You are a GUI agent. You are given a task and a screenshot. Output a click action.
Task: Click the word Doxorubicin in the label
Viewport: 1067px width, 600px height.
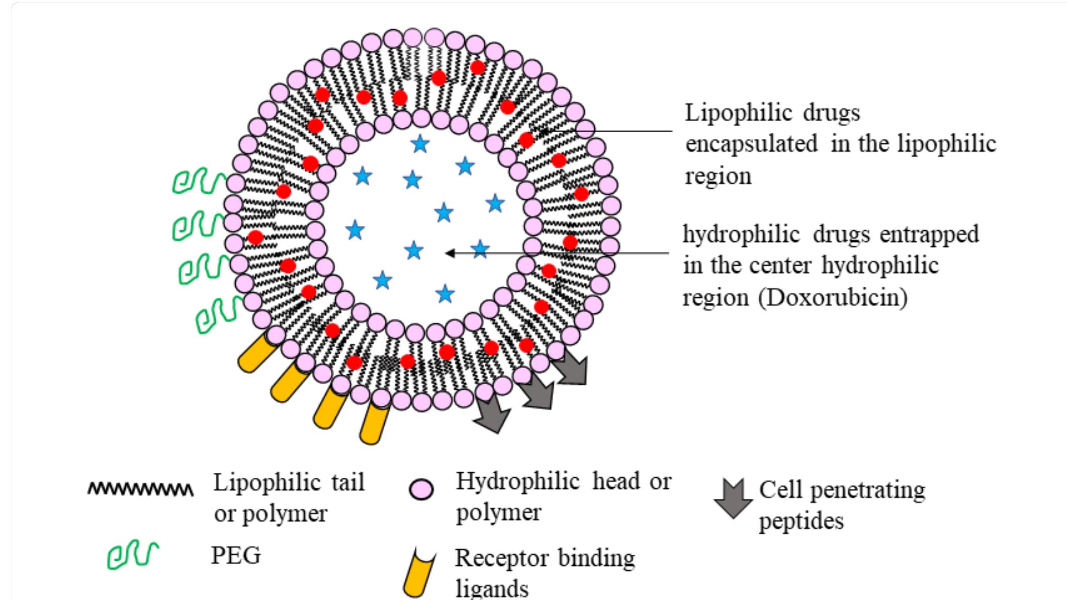[x=835, y=298]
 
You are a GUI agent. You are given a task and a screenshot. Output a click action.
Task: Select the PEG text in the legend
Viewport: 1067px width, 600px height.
[x=236, y=556]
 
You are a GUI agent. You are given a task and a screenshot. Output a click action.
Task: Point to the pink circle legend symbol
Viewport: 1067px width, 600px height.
[x=421, y=489]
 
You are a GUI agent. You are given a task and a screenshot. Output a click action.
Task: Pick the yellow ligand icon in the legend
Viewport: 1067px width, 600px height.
[x=419, y=573]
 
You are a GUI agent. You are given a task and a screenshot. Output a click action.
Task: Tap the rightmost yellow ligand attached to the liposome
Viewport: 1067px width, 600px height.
[x=375, y=422]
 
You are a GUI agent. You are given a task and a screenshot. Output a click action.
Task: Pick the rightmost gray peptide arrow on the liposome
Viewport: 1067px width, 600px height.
[x=572, y=366]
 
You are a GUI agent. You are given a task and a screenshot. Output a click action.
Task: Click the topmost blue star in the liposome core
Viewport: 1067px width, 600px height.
[x=420, y=144]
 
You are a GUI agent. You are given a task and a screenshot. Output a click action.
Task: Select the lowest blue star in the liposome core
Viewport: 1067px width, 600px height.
[x=445, y=294]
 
